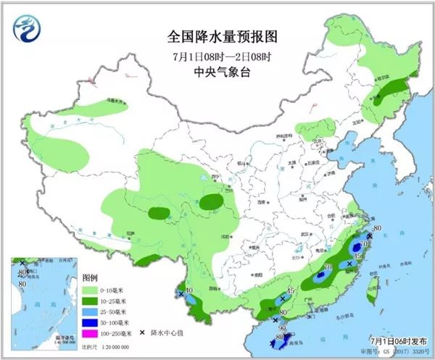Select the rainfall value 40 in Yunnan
[x=188, y=292]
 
